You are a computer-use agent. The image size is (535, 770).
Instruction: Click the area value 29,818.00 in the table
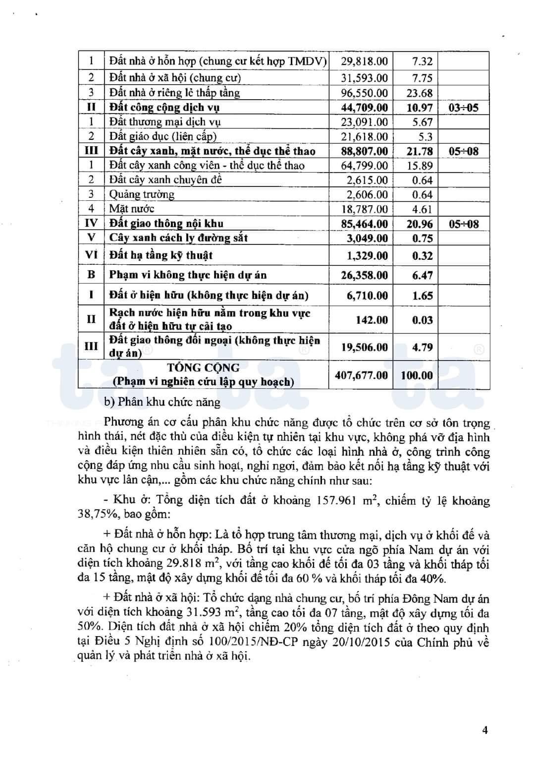click(x=364, y=61)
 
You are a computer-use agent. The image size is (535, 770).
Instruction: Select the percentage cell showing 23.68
click(x=419, y=93)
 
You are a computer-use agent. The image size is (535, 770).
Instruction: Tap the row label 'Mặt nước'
click(x=131, y=209)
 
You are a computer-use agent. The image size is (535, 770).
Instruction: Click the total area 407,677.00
click(x=361, y=375)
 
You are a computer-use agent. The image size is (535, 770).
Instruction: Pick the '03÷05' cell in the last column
click(x=463, y=108)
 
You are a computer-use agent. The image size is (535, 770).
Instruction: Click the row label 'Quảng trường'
click(x=142, y=194)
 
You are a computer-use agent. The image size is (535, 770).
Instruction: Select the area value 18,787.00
click(x=364, y=209)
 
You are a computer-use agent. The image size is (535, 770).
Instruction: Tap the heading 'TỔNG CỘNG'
click(x=203, y=368)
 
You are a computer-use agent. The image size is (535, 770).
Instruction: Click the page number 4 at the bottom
click(x=485, y=730)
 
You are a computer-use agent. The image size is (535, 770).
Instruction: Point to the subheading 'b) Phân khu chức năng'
click(x=162, y=402)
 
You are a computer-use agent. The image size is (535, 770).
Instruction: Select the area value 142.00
click(x=372, y=320)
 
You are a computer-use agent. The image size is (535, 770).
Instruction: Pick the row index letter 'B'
click(x=91, y=275)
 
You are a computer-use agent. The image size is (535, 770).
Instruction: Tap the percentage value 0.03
click(x=422, y=320)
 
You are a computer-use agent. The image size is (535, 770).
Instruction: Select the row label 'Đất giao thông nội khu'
click(x=166, y=224)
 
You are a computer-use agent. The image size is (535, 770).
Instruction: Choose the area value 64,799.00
click(x=364, y=166)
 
